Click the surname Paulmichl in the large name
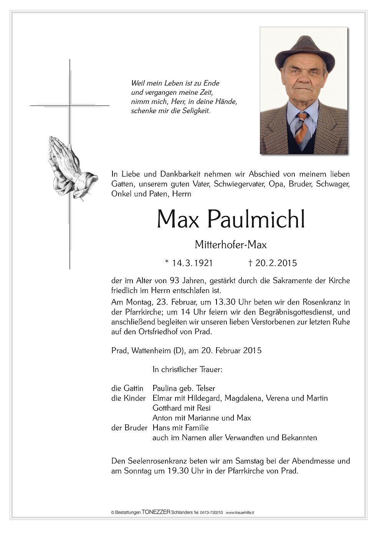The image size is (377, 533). point(256,219)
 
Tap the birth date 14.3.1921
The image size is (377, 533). point(192,263)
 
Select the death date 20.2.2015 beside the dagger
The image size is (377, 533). point(276,263)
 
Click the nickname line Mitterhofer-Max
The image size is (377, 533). point(230,244)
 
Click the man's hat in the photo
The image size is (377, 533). point(305,52)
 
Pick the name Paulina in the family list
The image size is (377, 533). point(165,388)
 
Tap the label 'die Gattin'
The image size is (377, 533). point(127,388)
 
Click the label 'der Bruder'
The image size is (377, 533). point(129,427)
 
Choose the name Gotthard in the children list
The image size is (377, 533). point(167,408)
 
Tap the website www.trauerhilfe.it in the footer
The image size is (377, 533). point(240,513)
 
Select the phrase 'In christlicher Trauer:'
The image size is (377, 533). point(187,370)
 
